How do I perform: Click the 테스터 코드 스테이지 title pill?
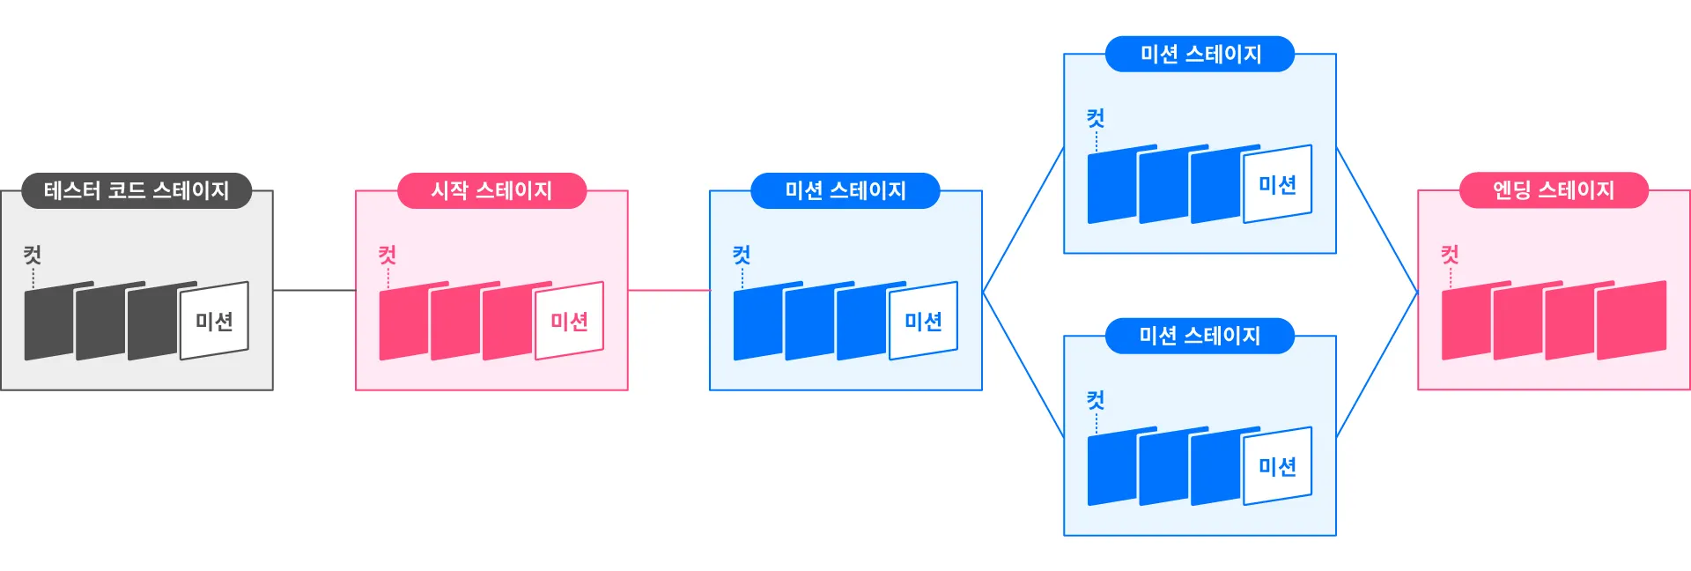pos(137,190)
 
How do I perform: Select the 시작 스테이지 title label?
pos(491,190)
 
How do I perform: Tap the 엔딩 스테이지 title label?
pos(1554,190)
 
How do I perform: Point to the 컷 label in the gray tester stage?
pos(33,256)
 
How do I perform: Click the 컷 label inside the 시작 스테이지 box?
pos(388,256)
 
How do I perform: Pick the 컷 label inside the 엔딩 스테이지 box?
pos(1450,256)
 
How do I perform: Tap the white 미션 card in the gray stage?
pos(214,321)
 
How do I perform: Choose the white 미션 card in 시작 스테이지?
pos(569,321)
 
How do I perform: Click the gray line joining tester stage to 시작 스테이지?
pos(314,290)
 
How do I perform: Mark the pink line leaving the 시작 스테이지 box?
pos(668,290)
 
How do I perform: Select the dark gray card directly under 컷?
pos(48,323)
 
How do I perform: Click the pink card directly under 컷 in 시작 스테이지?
pos(402,323)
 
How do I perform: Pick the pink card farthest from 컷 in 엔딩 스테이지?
pos(1632,319)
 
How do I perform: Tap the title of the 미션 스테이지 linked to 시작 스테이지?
pos(845,190)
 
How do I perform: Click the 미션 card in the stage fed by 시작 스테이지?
pos(923,321)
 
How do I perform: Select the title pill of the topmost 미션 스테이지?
pos(1200,54)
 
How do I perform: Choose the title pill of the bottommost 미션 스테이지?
pos(1200,336)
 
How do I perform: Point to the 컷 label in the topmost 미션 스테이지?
pos(1096,119)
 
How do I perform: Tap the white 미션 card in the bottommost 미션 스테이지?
pos(1277,466)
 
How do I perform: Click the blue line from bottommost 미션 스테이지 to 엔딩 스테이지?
pos(1377,365)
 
